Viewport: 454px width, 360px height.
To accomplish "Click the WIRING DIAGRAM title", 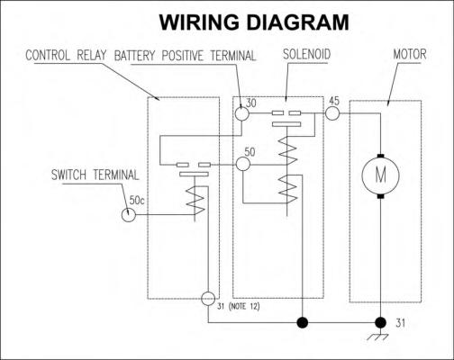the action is pos(254,22).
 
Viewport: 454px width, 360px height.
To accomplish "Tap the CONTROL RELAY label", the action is pos(66,55).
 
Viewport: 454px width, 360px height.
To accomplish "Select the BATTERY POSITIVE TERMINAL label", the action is pos(185,56).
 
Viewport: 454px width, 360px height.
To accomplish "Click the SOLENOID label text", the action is pos(306,54).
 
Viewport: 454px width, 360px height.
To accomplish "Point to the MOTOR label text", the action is pos(410,54).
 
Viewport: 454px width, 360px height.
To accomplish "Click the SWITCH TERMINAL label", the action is pos(95,175).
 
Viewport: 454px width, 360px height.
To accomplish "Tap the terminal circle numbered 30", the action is pos(241,113).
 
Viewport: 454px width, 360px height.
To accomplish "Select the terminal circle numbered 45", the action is pos(332,113).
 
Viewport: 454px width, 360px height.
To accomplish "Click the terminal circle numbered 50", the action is pos(243,164).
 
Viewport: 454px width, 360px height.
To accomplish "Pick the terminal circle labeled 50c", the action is pos(129,215).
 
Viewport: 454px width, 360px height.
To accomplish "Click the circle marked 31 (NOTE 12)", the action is pos(208,299).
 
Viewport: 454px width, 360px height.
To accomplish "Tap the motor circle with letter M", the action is pos(380,175).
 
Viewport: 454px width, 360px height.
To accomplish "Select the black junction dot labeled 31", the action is pos(381,323).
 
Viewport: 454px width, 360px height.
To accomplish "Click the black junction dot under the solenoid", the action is pos(303,323).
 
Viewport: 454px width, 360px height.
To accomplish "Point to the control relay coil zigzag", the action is pos(195,200).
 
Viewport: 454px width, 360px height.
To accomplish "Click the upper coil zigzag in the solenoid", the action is pos(287,150).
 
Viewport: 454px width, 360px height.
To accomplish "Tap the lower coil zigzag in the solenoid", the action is pos(287,189).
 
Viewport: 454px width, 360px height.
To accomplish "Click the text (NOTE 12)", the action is pos(244,307).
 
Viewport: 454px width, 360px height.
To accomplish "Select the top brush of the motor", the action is pos(380,156).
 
